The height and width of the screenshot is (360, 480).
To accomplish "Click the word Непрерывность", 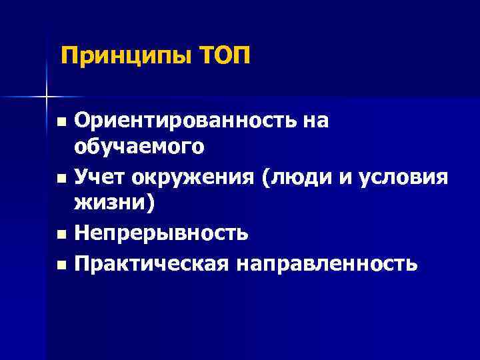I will (x=162, y=233).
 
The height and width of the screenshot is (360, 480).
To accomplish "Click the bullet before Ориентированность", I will (x=61, y=122).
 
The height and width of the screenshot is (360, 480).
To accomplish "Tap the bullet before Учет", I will (x=61, y=179).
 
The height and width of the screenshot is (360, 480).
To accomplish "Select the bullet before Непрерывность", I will (x=61, y=235).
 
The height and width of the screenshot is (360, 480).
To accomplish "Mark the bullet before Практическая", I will (x=61, y=265).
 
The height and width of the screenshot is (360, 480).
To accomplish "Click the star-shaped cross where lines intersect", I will (x=47, y=97).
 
